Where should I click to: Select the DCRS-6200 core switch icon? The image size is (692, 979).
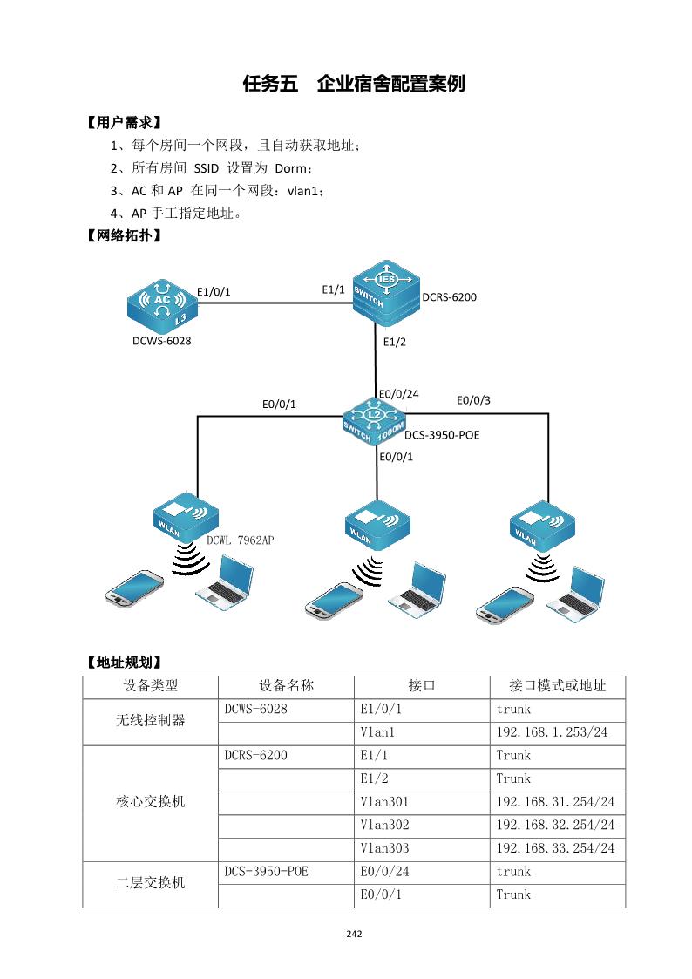(386, 289)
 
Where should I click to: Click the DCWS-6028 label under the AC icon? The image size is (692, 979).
(161, 340)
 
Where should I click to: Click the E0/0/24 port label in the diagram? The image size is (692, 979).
(398, 393)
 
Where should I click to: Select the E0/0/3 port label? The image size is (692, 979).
(474, 400)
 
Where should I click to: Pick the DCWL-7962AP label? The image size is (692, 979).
(241, 540)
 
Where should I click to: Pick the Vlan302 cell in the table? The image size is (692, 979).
(383, 824)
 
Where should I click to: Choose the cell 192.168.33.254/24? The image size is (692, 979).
(555, 847)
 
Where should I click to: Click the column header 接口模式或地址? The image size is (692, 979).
(557, 685)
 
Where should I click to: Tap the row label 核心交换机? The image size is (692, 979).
(150, 801)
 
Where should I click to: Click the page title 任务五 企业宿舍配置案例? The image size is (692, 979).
(354, 85)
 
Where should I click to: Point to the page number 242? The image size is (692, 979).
(354, 934)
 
